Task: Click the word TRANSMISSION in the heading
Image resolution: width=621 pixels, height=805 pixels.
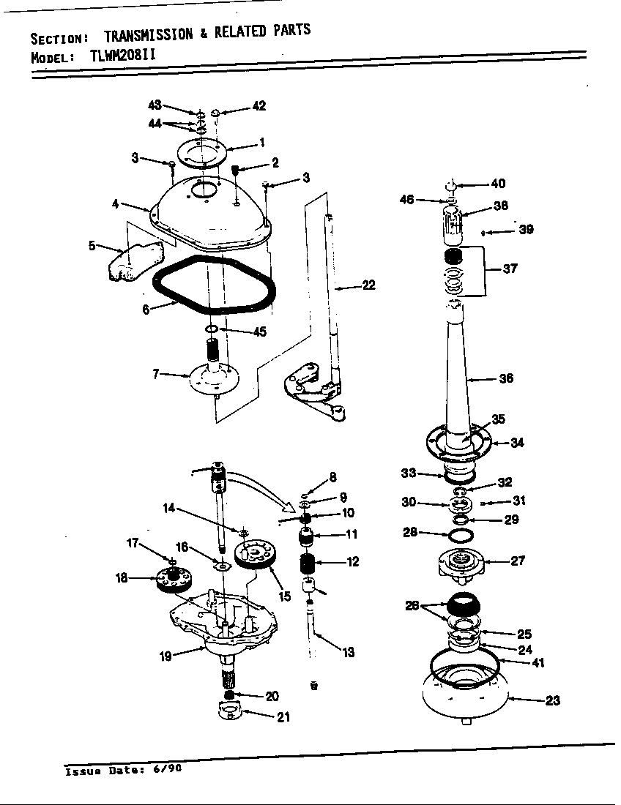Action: [x=149, y=34]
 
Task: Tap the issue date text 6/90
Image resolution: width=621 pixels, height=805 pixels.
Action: [x=165, y=770]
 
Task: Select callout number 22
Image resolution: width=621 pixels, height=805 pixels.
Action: [x=368, y=285]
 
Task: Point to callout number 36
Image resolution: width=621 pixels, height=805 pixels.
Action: [x=505, y=378]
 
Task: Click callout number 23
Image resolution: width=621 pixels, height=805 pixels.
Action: [x=552, y=700]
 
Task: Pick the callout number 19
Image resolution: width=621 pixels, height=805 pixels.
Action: [x=166, y=656]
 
